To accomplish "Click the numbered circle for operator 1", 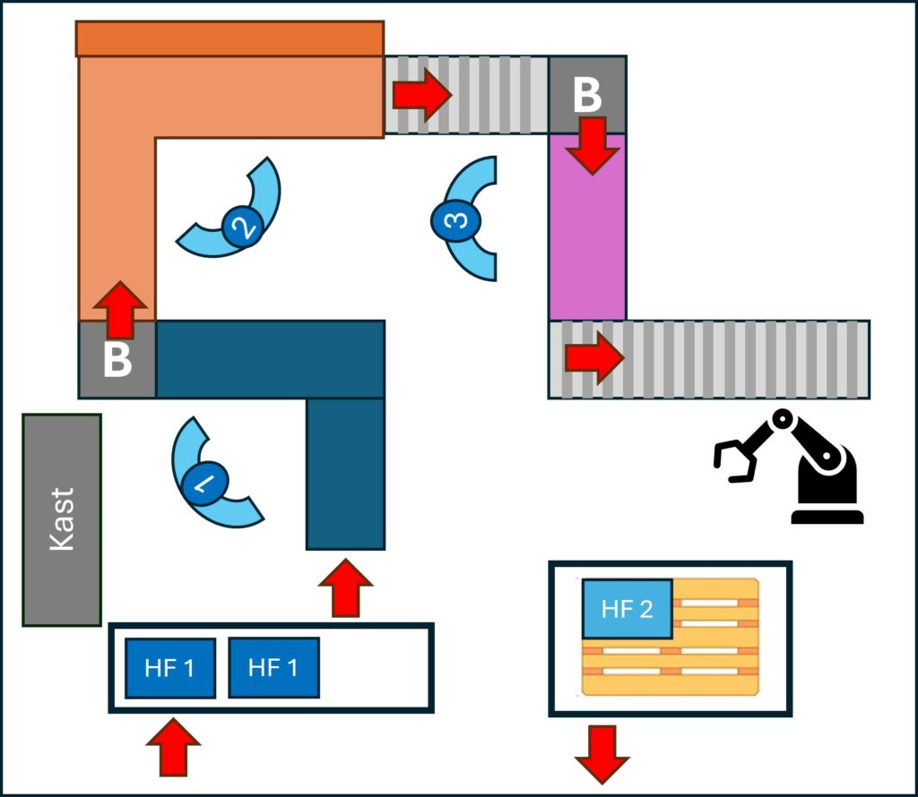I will pos(205,484).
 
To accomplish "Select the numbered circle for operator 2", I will pos(241,226).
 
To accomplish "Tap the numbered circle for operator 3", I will pos(455,220).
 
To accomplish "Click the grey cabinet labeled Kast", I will pos(61,519).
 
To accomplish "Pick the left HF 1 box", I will pos(169,668).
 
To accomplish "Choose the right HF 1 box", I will pos(273,667).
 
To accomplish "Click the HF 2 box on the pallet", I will pos(627,609).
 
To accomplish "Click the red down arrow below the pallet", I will pos(601,754).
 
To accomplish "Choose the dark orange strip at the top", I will pos(230,39).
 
